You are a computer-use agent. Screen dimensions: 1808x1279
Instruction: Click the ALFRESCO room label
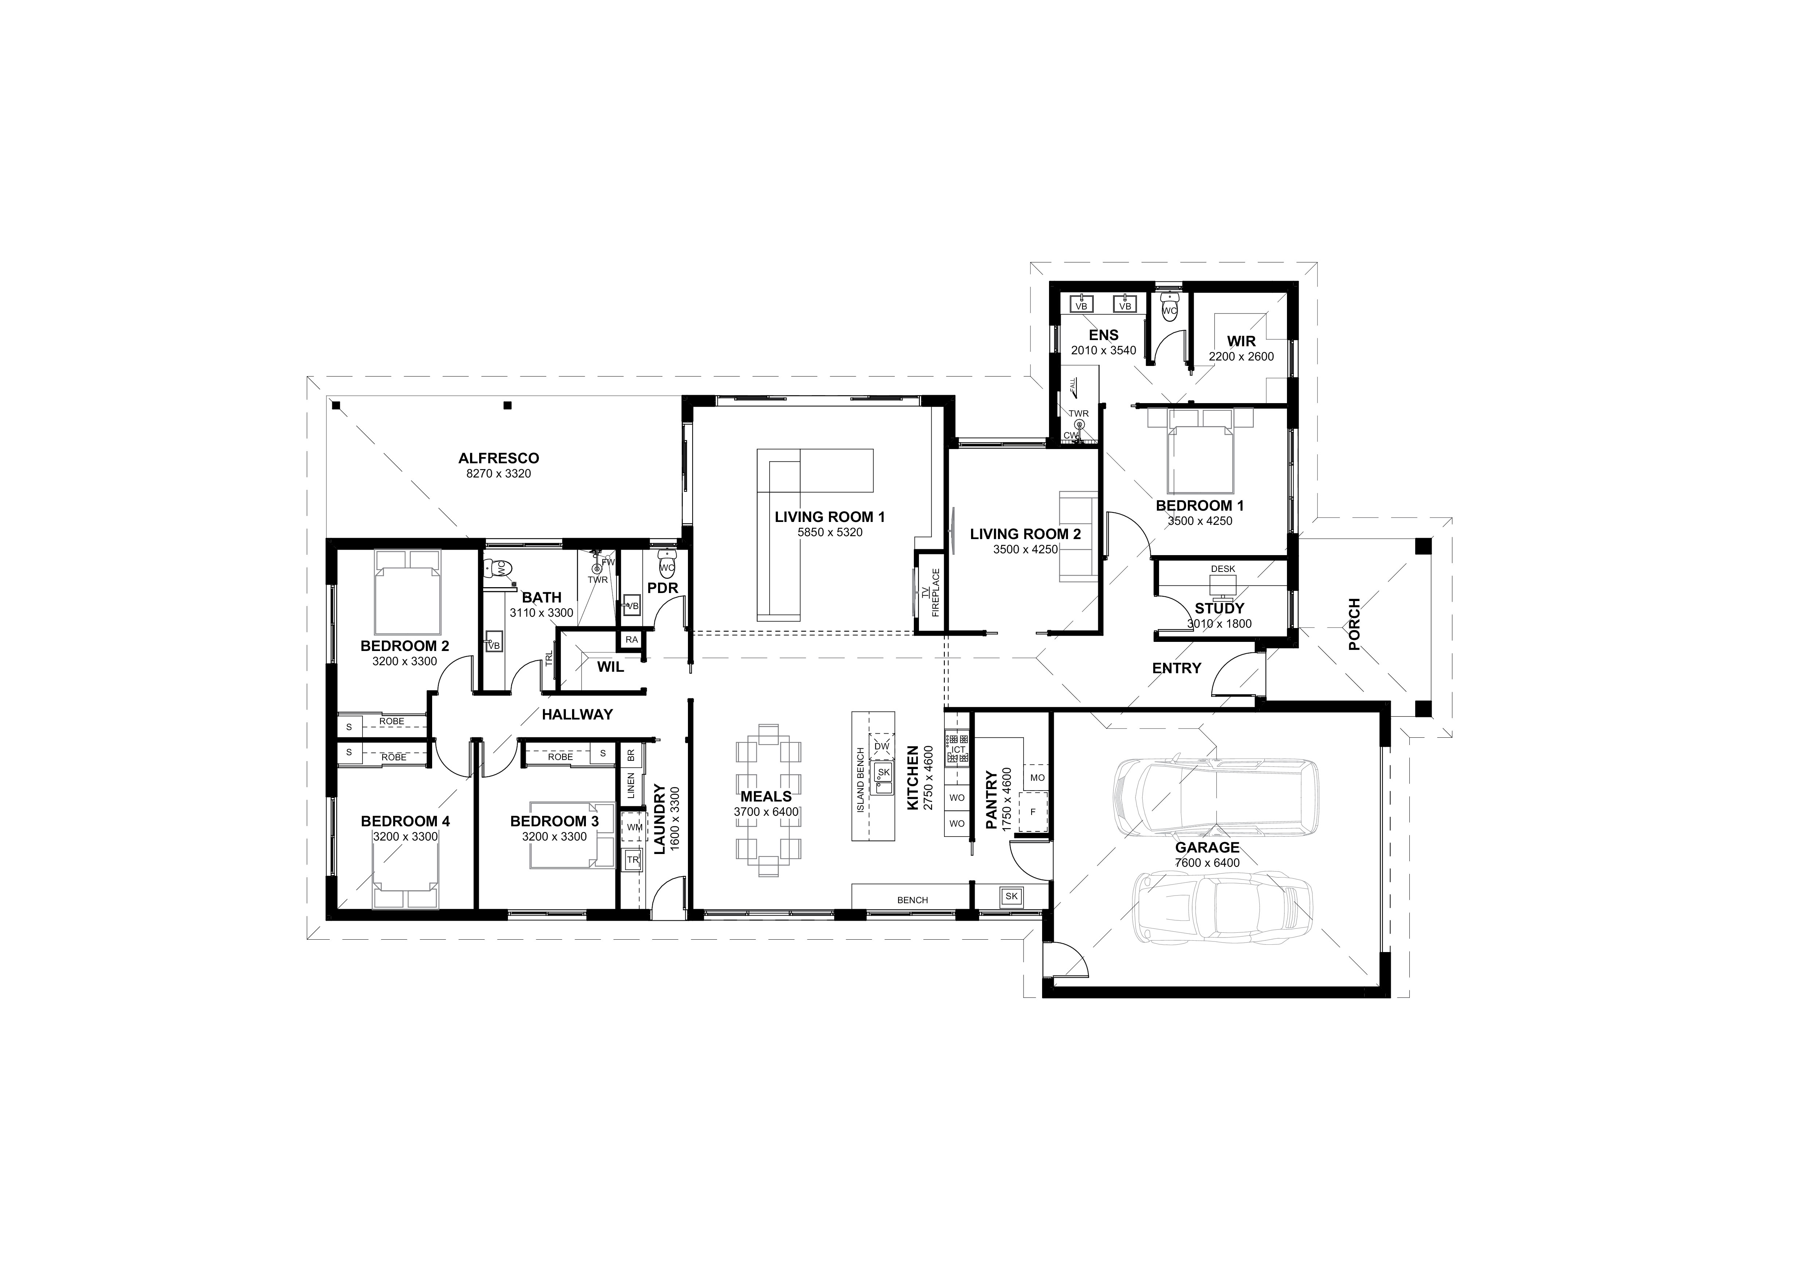[x=498, y=459]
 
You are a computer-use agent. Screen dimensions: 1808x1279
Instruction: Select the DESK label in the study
[x=1223, y=569]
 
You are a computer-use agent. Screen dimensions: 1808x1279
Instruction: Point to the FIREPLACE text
[x=935, y=592]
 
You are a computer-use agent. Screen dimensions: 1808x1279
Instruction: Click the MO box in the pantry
[x=1037, y=777]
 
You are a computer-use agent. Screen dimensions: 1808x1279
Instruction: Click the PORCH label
[x=1354, y=624]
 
